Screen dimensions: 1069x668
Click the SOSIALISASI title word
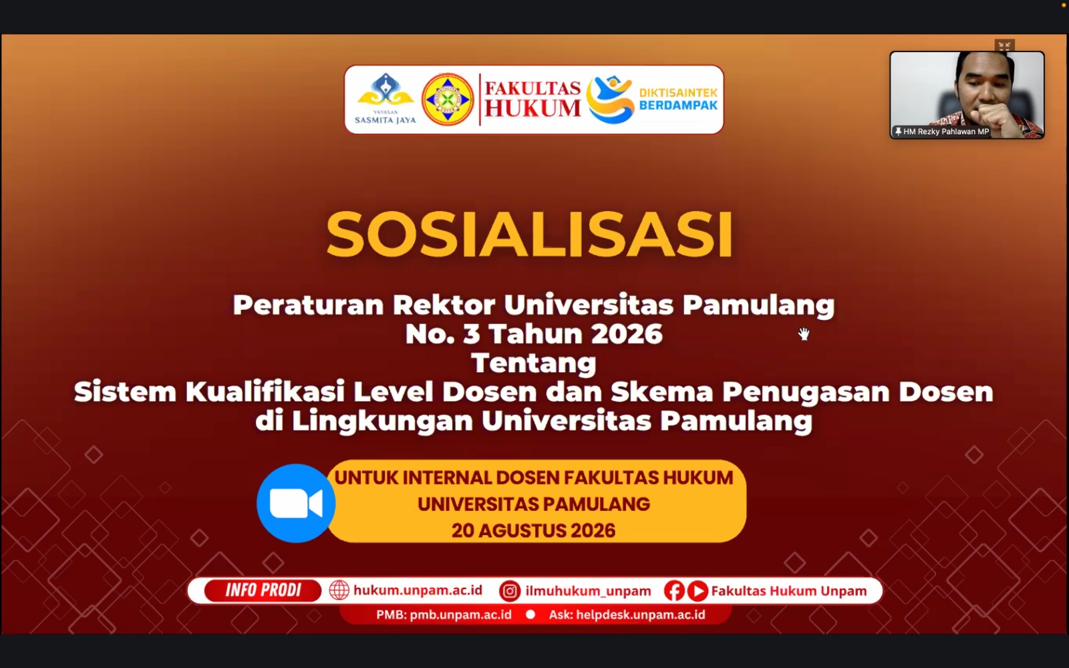coord(530,234)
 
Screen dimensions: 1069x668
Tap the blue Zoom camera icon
coord(296,504)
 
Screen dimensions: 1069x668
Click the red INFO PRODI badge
coord(263,591)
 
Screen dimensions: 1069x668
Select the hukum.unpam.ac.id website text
coord(418,591)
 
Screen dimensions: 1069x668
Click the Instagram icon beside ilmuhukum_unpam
coord(509,591)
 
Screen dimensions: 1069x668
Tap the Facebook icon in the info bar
coord(674,591)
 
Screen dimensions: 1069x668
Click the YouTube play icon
coord(698,591)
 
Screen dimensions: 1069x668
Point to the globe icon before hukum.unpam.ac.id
coord(339,591)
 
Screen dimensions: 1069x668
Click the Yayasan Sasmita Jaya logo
coord(385,99)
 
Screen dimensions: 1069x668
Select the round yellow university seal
coord(448,100)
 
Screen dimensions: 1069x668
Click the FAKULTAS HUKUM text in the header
coord(532,99)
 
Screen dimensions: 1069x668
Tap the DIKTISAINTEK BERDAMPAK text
coord(678,99)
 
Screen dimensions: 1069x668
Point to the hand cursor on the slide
coord(804,334)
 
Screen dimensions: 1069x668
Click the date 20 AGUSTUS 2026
coord(534,530)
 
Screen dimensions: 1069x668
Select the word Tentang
coord(534,363)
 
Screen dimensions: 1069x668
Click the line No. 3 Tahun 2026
coord(534,333)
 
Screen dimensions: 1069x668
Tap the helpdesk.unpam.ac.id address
coord(641,615)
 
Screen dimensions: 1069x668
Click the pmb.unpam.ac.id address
coord(460,615)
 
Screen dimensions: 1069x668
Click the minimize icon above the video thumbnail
coord(1005,46)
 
